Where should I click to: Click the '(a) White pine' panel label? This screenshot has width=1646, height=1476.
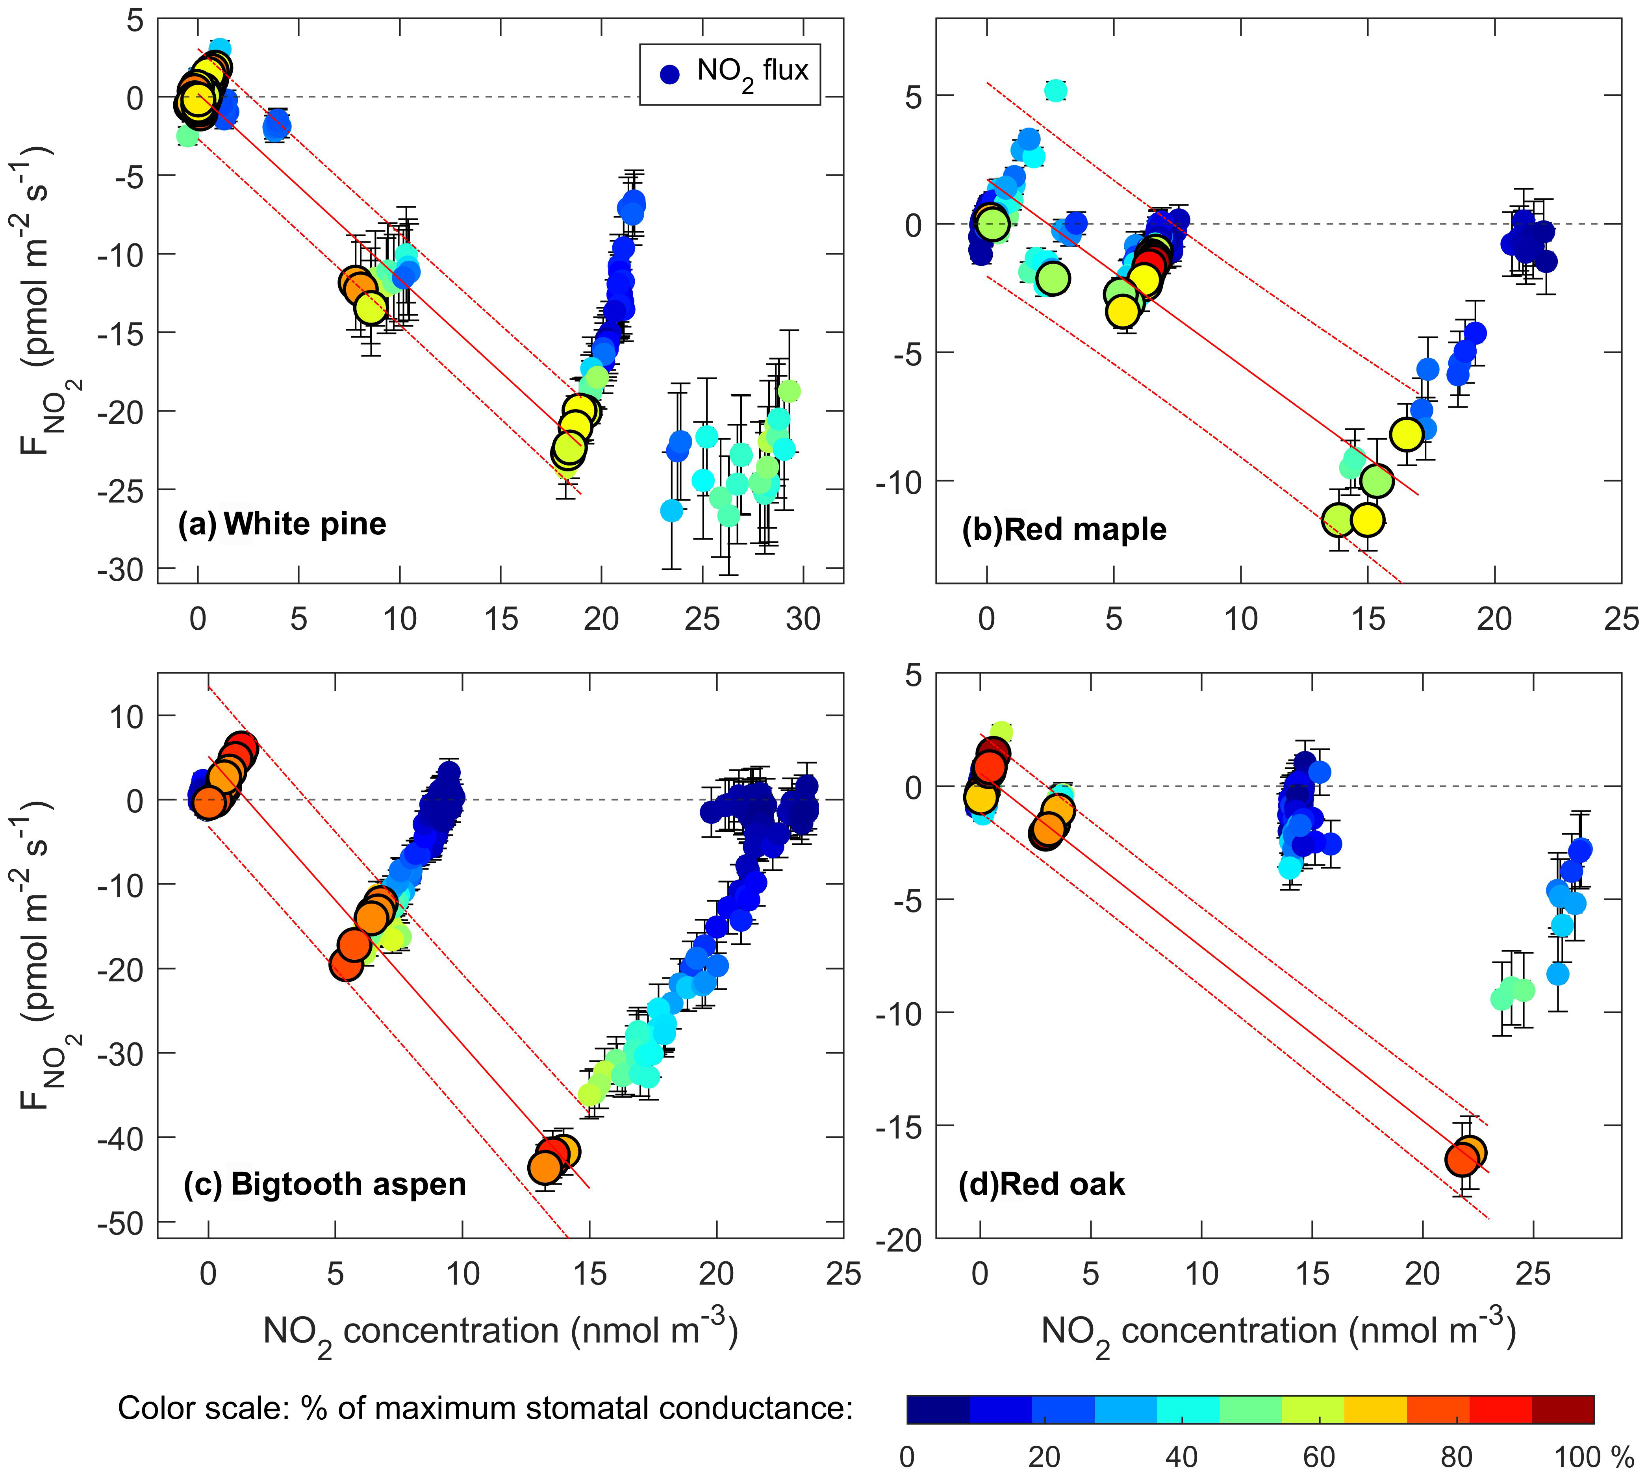tap(282, 524)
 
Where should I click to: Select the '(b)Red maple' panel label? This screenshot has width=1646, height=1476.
tap(1064, 530)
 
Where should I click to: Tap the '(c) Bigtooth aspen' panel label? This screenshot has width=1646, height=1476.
tap(324, 1184)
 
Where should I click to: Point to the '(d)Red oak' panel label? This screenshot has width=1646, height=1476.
tap(1042, 1184)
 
